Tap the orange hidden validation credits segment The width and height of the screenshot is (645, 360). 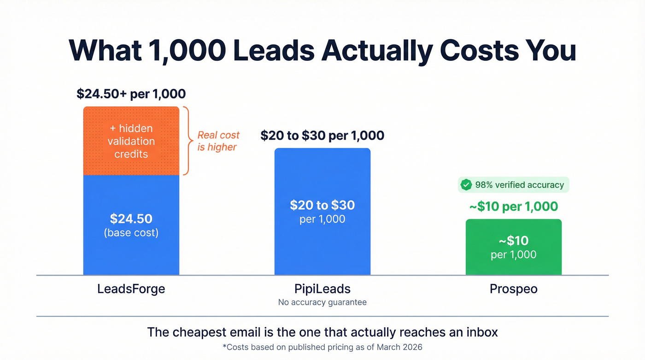[131, 141]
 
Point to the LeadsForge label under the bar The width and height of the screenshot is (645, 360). [131, 289]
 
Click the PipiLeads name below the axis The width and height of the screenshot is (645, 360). [322, 289]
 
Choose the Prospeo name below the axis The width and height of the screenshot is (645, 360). [513, 289]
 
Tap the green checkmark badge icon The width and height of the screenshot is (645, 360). [466, 185]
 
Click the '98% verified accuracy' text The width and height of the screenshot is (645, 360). [519, 185]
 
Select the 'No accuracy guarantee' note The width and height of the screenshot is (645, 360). [322, 302]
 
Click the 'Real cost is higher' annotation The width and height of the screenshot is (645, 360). [218, 141]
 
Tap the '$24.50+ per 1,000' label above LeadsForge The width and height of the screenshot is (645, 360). [131, 94]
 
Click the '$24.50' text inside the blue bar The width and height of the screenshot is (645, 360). [131, 218]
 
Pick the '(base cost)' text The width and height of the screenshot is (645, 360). [131, 233]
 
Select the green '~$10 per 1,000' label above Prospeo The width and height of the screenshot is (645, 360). [513, 207]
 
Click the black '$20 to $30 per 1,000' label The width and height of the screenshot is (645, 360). [322, 136]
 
